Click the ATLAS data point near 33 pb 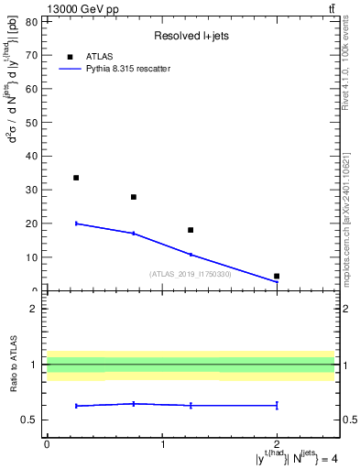(76, 178)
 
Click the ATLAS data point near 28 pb (134, 197)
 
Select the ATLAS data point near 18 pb (191, 230)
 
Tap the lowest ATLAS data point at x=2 (277, 276)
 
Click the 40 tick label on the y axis (31, 156)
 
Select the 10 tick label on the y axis (31, 257)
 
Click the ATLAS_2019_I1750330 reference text (190, 273)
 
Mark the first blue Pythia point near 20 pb (76, 224)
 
